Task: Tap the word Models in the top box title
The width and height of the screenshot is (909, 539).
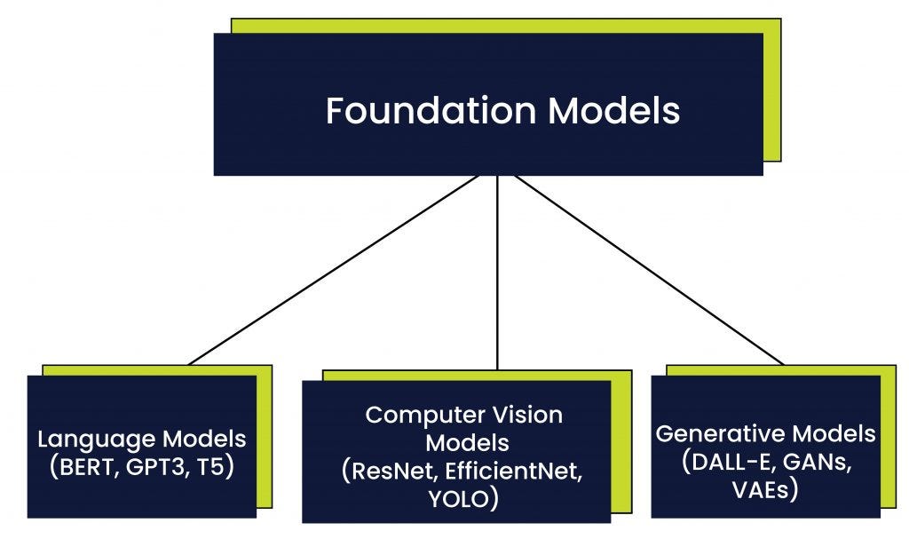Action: point(613,111)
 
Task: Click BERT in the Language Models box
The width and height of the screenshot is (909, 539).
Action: point(82,466)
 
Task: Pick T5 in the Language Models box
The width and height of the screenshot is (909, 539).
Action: point(213,466)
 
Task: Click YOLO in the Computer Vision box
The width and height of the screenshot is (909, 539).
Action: point(457,499)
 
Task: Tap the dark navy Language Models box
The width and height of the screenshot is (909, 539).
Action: point(142,497)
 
